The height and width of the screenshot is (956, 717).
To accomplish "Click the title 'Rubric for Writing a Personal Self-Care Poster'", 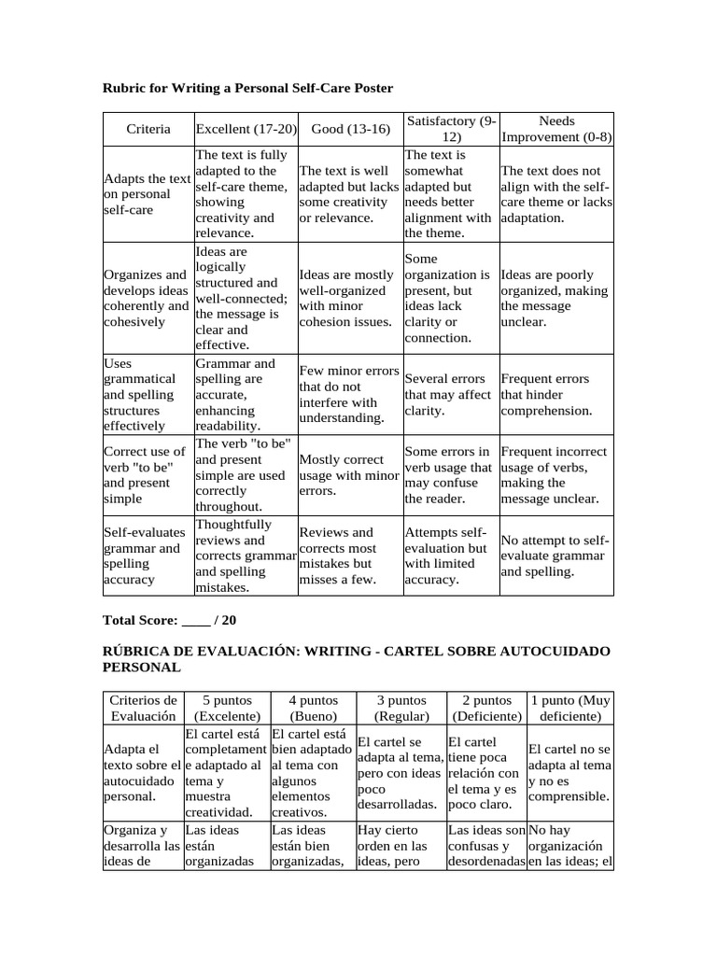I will point(246,88).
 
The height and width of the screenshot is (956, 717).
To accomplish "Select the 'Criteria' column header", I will point(148,129).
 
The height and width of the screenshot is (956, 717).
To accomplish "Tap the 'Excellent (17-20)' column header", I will point(246,129).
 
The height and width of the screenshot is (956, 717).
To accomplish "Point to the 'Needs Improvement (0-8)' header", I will point(556,129).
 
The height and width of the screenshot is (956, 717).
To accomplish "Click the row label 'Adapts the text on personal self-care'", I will point(147,194).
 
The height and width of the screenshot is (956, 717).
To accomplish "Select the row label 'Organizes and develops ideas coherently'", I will point(147,298).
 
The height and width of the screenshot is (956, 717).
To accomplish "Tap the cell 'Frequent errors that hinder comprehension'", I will point(556,395).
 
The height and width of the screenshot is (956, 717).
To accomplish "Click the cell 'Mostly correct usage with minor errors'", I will point(348,475).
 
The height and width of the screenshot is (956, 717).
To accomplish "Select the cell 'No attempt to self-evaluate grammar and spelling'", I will point(556,555).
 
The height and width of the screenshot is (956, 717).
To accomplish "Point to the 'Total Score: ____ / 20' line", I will point(170,620).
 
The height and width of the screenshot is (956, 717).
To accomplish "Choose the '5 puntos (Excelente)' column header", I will point(227,708).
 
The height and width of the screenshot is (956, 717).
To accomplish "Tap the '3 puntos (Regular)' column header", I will point(401,708).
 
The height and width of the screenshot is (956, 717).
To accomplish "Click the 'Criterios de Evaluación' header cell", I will point(143,708).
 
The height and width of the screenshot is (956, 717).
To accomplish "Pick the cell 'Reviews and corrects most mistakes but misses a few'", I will point(348,555).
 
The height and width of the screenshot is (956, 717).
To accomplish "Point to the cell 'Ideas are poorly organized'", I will point(556,298).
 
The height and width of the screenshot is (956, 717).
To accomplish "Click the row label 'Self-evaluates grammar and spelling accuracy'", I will point(147,555).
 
